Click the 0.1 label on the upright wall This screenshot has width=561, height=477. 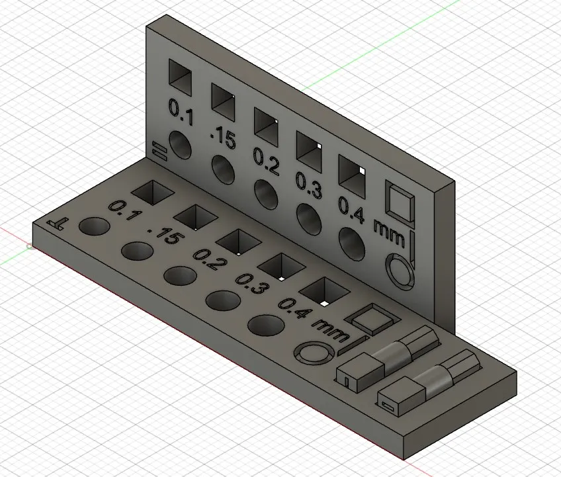coord(181,112)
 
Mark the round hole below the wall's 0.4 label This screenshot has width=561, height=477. coord(351,246)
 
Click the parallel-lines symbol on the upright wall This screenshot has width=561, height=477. coord(157,150)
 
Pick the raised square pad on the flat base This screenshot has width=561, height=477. coord(375,319)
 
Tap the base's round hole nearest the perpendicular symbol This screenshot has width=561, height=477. coord(95,227)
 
